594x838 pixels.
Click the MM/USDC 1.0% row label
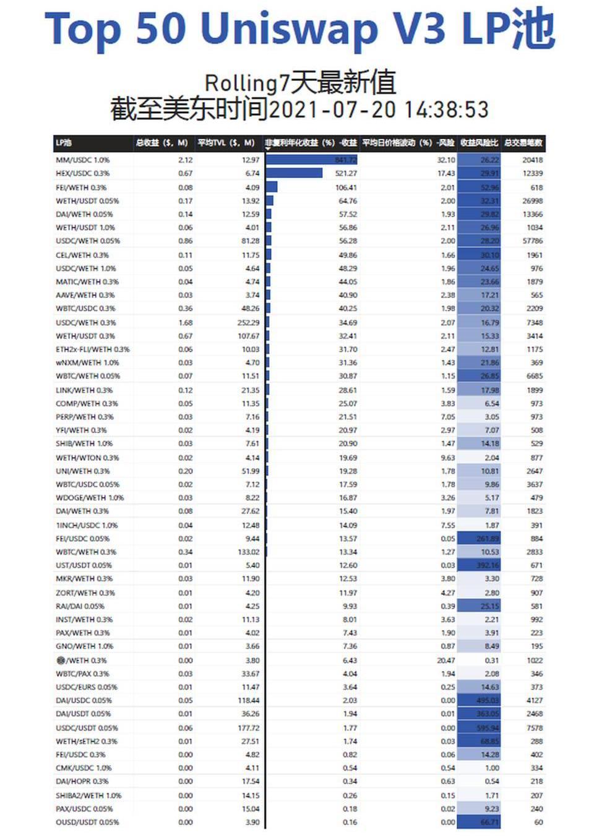tap(82, 160)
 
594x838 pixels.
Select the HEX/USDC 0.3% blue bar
tap(295, 173)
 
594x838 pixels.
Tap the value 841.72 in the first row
tap(345, 160)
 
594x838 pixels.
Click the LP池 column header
tap(64, 143)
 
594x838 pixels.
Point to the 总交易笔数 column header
tap(523, 143)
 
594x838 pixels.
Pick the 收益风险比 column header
tap(479, 143)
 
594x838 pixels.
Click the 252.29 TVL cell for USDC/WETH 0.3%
tap(248, 322)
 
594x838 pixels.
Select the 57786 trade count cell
tap(532, 241)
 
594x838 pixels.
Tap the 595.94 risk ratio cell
tap(488, 728)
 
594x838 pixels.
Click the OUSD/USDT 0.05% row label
tap(87, 822)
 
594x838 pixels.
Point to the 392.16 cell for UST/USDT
tap(488, 565)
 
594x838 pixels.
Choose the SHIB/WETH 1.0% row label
tap(84, 443)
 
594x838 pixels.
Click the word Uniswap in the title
tap(289, 28)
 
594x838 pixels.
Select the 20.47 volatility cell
tap(445, 661)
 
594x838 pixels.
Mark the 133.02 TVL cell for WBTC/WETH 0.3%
tap(248, 552)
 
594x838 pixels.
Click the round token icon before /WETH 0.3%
tap(61, 661)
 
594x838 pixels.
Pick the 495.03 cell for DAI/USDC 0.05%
tap(488, 701)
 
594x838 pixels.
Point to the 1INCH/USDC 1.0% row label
tap(87, 525)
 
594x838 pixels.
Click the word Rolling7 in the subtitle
tap(242, 83)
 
